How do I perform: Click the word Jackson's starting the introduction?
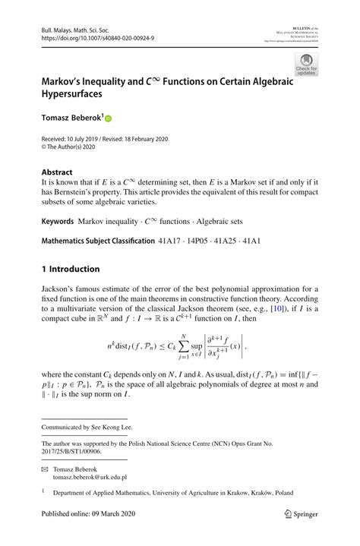[x=61, y=290]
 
